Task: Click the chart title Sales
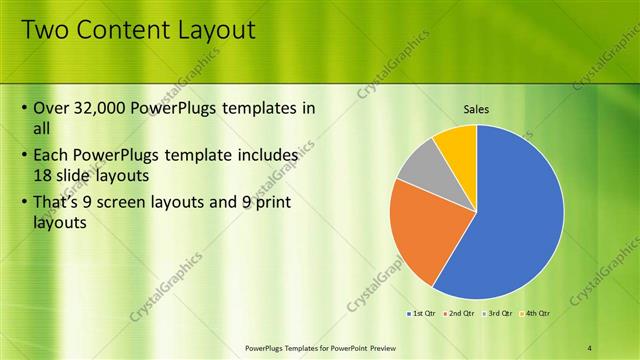[475, 109]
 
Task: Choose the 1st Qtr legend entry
[422, 314]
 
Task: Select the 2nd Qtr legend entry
[459, 314]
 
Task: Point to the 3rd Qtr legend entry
[497, 314]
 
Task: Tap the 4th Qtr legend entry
[535, 314]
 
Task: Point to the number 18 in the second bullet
[44, 174]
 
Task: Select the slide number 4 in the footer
[589, 347]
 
